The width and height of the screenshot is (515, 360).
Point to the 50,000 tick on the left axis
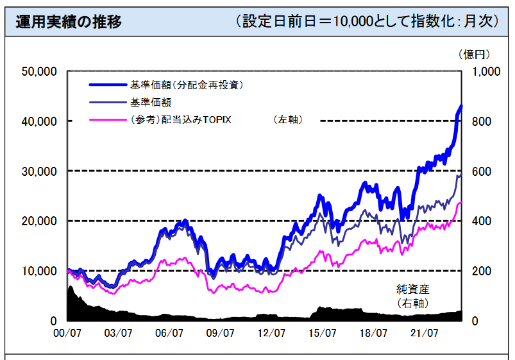(39, 71)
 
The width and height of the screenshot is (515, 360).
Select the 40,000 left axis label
(39, 121)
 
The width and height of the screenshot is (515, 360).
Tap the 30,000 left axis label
(39, 171)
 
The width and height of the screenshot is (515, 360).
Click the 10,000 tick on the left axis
(39, 271)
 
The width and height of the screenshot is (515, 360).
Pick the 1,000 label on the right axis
(485, 71)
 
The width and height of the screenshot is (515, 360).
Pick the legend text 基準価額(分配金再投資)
(187, 84)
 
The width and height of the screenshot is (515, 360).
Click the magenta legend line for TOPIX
(108, 119)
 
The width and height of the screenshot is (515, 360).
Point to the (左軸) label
(287, 119)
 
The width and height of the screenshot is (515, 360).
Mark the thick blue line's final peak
(460, 107)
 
